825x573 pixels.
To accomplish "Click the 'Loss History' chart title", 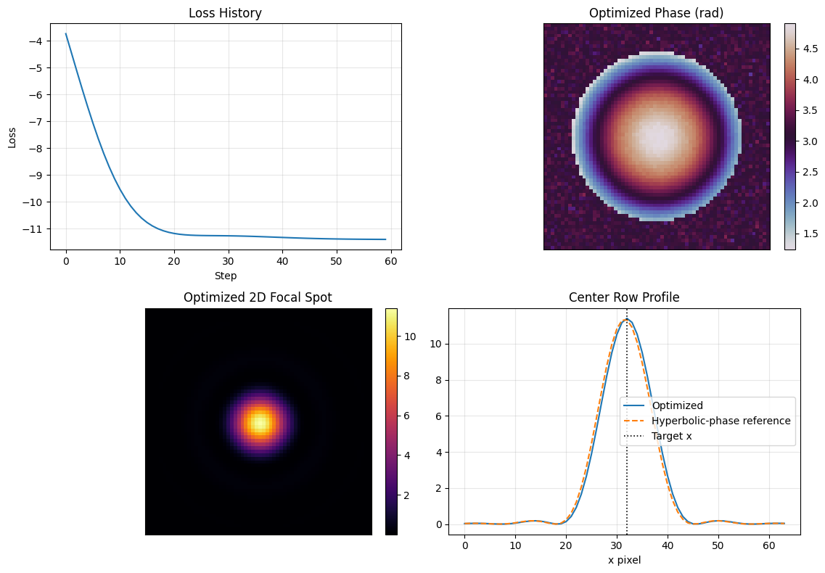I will tap(225, 13).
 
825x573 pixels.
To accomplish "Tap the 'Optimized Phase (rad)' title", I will tap(657, 13).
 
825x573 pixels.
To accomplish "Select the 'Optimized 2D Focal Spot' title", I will tap(258, 297).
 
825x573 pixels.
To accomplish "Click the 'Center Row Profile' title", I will tap(624, 297).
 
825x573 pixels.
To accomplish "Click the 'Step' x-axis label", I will tap(225, 276).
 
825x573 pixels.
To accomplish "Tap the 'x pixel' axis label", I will tap(624, 560).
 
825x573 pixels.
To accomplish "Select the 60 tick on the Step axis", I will tap(390, 261).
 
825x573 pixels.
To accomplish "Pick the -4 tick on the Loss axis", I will tap(37, 41).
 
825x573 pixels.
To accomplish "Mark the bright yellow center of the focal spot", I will tap(259, 422).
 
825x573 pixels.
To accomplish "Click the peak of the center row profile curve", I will tap(626, 319).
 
